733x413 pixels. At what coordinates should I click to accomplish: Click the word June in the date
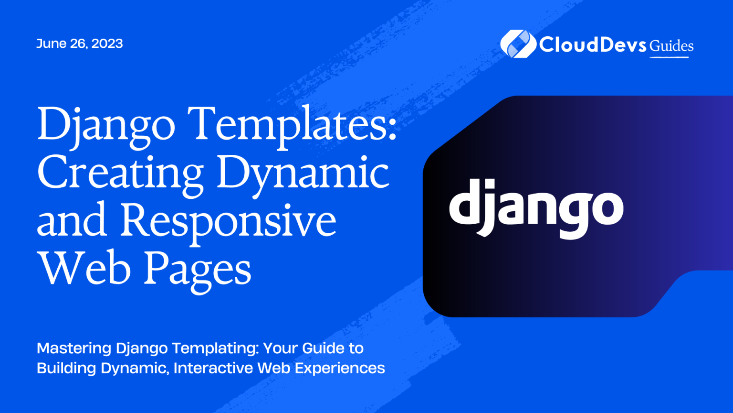51,43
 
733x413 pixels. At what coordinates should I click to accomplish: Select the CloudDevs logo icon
516,44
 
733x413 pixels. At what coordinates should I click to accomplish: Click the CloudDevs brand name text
593,45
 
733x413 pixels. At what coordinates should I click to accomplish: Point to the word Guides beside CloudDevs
671,46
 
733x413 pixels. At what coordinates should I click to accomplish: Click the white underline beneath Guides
669,57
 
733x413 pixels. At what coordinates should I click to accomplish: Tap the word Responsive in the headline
228,220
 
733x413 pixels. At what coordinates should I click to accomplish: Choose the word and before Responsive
72,220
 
